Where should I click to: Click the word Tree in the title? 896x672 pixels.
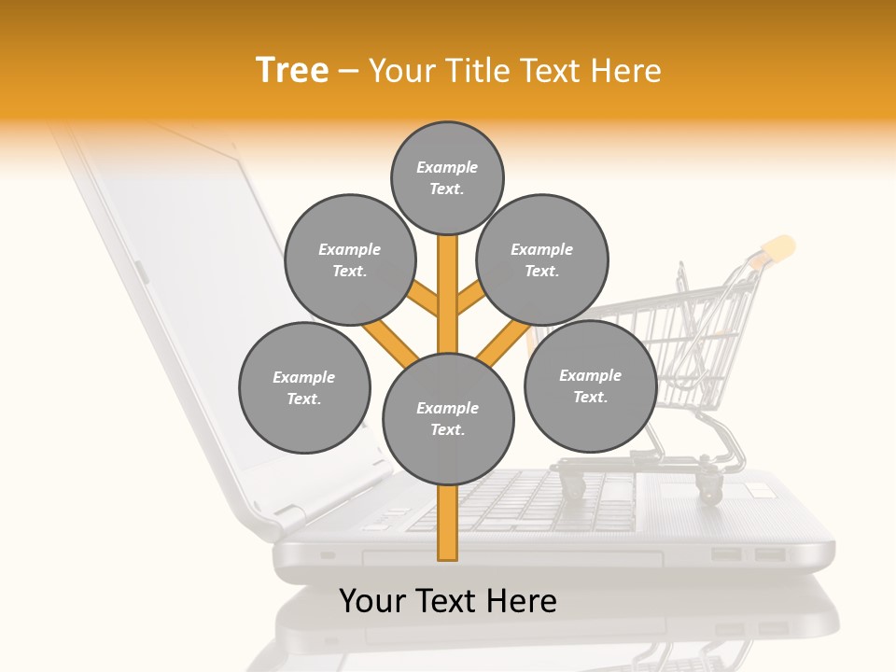[292, 71]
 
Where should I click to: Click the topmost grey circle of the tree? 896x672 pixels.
[447, 177]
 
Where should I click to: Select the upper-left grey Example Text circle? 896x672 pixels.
[350, 260]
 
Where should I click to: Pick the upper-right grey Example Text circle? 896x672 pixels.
[542, 260]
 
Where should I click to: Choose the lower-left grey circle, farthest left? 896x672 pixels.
[304, 387]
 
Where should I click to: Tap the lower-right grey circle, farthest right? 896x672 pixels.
[590, 385]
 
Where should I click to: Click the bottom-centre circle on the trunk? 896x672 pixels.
[448, 419]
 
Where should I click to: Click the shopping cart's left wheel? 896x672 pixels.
[572, 484]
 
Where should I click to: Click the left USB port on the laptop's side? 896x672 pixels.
[726, 554]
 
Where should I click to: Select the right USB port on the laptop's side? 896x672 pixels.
[769, 554]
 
